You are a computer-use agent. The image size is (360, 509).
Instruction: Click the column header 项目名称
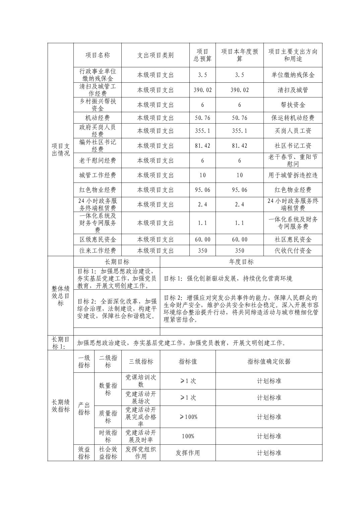[x=98, y=55]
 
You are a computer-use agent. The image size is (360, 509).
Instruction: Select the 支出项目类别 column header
[x=155, y=55]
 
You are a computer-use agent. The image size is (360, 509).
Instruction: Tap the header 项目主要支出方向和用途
[x=293, y=55]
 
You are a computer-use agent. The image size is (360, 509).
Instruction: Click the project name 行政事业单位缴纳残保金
[x=98, y=75]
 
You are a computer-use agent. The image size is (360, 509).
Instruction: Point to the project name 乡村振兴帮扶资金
[x=98, y=104]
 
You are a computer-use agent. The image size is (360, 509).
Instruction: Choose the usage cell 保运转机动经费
[x=293, y=118]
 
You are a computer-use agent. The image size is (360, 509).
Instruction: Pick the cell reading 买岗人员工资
[x=293, y=131]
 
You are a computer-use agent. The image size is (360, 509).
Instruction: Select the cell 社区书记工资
[x=293, y=146]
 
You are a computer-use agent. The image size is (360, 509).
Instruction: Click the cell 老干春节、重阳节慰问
[x=293, y=160]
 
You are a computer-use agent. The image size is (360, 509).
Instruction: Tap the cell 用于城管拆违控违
[x=293, y=175]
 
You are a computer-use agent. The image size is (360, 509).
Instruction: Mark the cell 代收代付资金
[x=293, y=250]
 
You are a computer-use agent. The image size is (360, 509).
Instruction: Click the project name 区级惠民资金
[x=98, y=239]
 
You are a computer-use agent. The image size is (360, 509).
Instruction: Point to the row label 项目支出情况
[x=61, y=149]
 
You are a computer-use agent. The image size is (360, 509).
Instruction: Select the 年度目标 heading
[x=241, y=262]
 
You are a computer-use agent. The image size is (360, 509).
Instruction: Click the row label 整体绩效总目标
[x=61, y=296]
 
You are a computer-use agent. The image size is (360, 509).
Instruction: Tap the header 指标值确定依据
[x=269, y=361]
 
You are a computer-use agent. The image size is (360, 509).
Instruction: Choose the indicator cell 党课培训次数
[x=141, y=381]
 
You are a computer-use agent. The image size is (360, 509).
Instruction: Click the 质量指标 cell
[x=108, y=417]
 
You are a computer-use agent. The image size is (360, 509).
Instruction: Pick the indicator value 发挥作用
[x=188, y=453]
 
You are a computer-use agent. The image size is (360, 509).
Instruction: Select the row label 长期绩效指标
[x=61, y=406]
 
